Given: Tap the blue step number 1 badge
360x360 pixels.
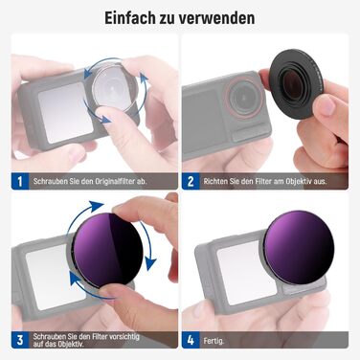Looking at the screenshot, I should [17, 179].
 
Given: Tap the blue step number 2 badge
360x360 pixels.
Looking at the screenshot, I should [191, 179].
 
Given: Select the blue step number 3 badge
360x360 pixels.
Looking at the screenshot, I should [17, 338].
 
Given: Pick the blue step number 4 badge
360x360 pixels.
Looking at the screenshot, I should [191, 338].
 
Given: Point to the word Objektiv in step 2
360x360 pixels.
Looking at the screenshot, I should [313, 179].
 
